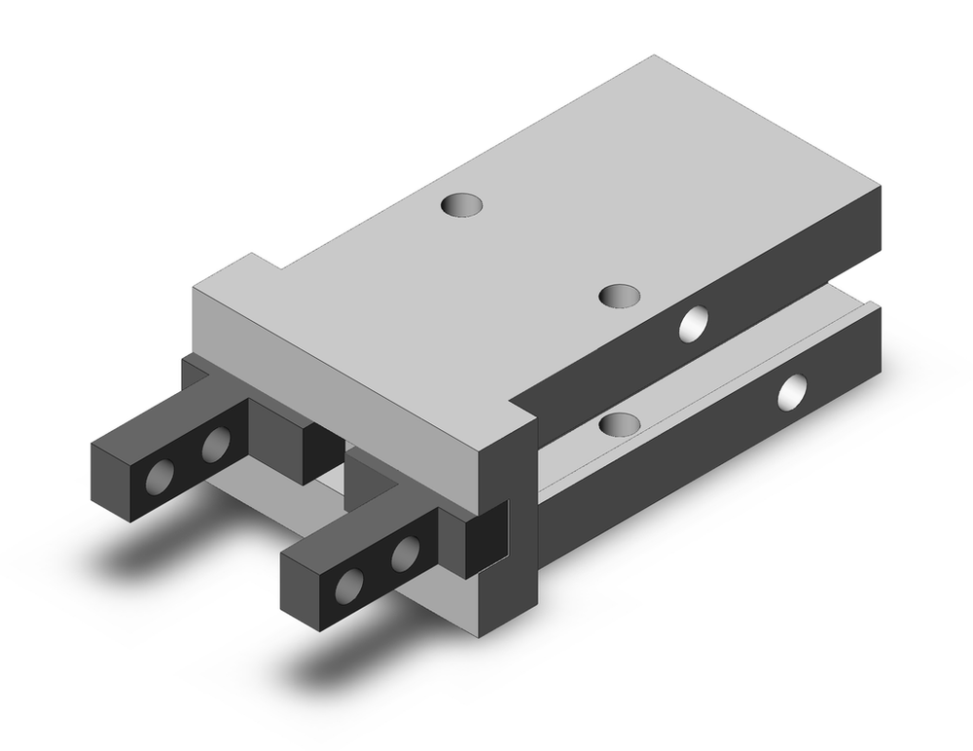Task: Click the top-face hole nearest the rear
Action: (461, 205)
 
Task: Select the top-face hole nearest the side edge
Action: (620, 295)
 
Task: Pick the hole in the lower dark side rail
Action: (793, 391)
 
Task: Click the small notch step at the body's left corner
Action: (255, 265)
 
